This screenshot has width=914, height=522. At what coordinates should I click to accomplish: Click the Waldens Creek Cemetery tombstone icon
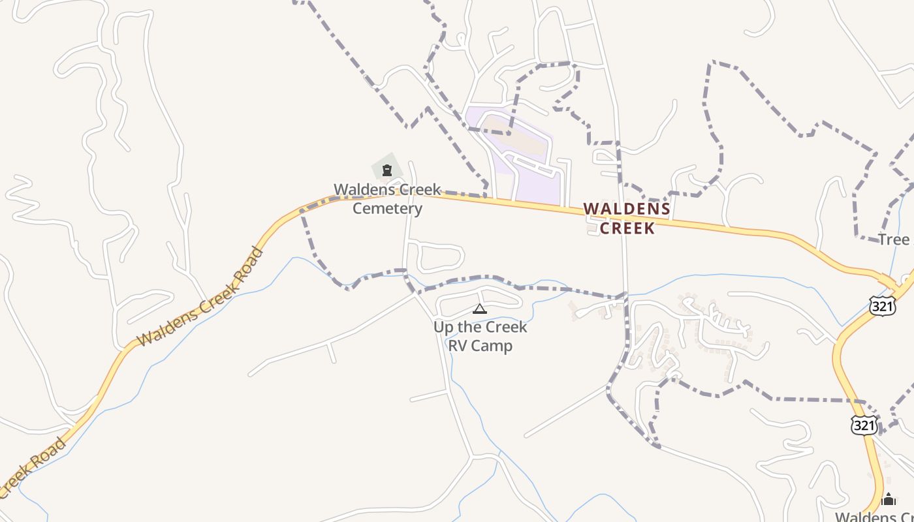coord(387,171)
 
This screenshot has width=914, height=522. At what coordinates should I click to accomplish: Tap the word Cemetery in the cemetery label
coord(387,209)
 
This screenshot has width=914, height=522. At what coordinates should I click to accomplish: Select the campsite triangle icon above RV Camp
coord(480,309)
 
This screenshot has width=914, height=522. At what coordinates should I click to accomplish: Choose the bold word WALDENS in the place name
coord(627,209)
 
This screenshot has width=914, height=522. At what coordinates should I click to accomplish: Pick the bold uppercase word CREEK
coord(627,228)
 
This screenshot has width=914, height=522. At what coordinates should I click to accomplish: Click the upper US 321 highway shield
coord(883,305)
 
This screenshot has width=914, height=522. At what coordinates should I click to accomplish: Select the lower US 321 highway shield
coord(864,425)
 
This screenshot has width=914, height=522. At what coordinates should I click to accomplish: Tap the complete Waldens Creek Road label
coord(200,297)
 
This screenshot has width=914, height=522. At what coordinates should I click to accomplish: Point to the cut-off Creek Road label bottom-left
coord(33,468)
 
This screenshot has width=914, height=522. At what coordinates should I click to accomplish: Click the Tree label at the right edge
coord(894,239)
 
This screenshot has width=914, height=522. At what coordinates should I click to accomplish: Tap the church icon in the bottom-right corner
coord(888,499)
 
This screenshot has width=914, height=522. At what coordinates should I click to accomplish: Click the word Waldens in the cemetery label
coord(362,190)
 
